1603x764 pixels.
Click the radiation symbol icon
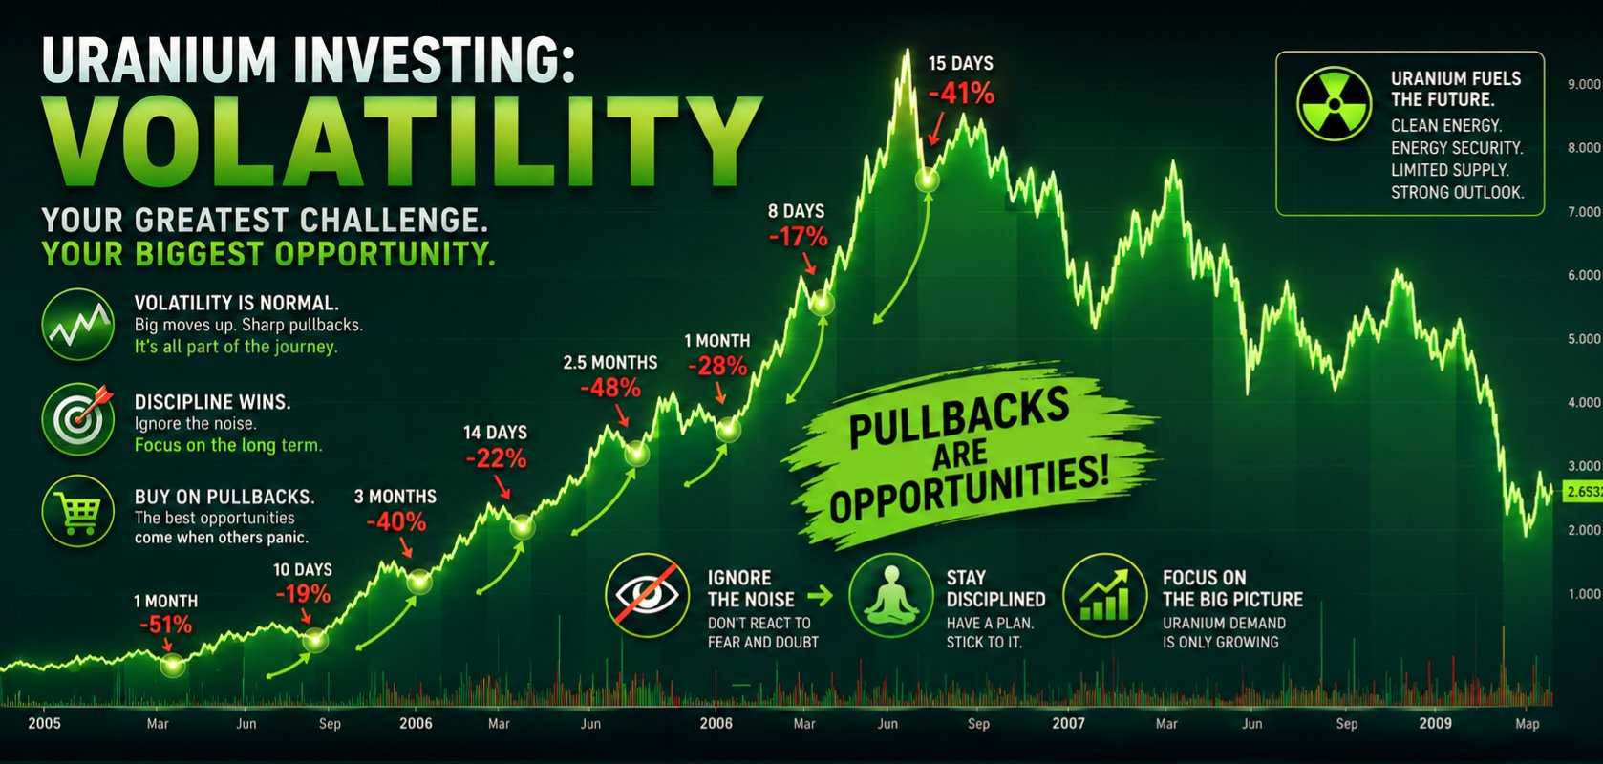tap(1334, 104)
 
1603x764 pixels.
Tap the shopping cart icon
tap(78, 511)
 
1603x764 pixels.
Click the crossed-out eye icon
tap(647, 594)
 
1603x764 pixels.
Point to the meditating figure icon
tap(891, 594)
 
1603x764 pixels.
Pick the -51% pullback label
tap(165, 626)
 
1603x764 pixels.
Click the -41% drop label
tap(961, 94)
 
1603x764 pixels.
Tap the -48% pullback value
tap(610, 388)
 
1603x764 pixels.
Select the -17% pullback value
tap(798, 237)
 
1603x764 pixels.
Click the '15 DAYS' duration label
tap(960, 64)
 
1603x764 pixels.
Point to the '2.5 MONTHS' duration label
tap(609, 363)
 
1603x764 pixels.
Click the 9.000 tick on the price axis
tap(1584, 84)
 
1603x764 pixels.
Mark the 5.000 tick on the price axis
tap(1584, 339)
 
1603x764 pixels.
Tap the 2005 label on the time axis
tap(44, 723)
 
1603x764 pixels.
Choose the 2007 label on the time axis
tap(1068, 723)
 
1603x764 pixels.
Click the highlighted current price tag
tap(1583, 492)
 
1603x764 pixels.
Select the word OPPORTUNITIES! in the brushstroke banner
tap(970, 492)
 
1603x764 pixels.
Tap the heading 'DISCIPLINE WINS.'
tap(212, 402)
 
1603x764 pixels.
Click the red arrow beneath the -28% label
tap(720, 393)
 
